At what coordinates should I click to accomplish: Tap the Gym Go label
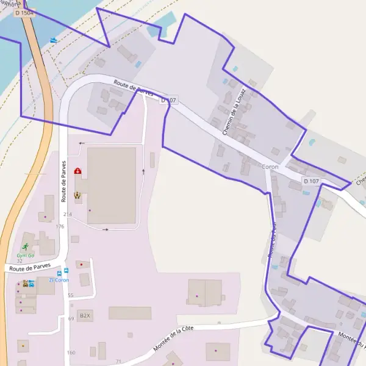25,255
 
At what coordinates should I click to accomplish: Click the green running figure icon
25,247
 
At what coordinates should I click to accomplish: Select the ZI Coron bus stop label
59,280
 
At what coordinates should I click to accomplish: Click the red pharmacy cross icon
77,173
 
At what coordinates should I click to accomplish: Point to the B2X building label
85,316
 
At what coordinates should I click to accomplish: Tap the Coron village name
269,167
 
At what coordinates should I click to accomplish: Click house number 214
67,214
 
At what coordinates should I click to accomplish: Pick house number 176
60,226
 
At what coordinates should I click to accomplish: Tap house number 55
71,295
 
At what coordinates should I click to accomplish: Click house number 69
71,318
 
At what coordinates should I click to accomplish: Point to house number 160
71,353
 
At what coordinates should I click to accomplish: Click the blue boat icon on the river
54,40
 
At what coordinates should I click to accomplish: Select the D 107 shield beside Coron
310,181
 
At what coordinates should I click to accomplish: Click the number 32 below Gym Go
20,261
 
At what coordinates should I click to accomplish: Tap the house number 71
118,361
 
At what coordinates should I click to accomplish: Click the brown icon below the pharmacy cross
77,195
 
